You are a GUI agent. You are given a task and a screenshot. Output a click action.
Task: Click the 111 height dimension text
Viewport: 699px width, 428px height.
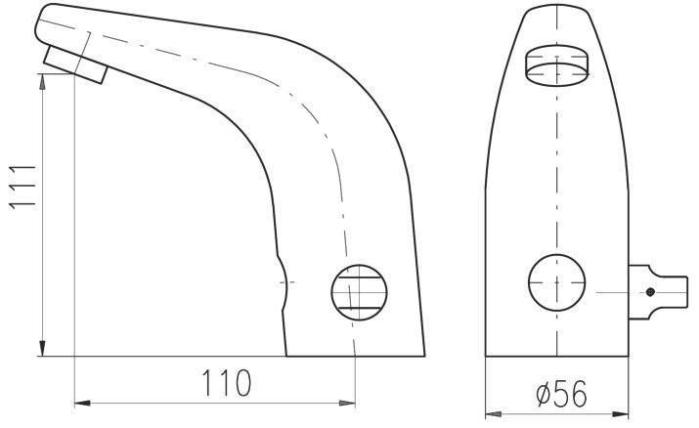point(22,187)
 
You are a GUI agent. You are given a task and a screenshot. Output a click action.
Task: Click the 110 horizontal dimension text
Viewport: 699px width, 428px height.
point(227,383)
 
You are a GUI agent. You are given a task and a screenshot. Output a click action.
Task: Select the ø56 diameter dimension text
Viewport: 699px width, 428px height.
point(562,394)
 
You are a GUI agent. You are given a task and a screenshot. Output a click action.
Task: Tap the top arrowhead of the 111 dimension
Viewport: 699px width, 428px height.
point(42,82)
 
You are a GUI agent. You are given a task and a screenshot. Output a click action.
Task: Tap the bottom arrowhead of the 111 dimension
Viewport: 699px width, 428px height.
point(42,348)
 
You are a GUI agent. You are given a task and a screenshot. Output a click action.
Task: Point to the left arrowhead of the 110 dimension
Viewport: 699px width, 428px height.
point(82,403)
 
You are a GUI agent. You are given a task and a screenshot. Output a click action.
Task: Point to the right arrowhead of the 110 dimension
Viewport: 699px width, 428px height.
point(347,403)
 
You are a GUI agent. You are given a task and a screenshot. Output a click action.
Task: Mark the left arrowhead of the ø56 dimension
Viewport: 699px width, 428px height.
point(494,414)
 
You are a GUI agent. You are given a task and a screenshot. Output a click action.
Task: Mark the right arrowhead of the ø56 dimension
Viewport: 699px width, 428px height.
point(620,414)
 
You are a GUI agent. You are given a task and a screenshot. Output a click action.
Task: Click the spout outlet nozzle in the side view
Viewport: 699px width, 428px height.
point(76,64)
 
